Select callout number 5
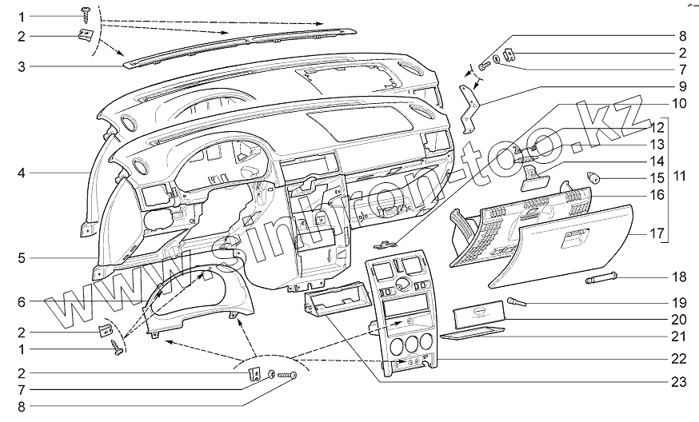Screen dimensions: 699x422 pos(22,257)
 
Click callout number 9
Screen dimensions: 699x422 pos(682,86)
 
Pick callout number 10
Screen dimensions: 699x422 pos(679,103)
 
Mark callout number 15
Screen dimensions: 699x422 pos(679,177)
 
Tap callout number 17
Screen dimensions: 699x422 pos(679,235)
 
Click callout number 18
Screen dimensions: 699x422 pos(679,277)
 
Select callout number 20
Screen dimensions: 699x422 pos(679,319)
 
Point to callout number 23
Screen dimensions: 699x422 pos(679,382)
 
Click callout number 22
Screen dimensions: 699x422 pos(679,359)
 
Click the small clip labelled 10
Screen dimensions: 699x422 pos(389,244)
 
